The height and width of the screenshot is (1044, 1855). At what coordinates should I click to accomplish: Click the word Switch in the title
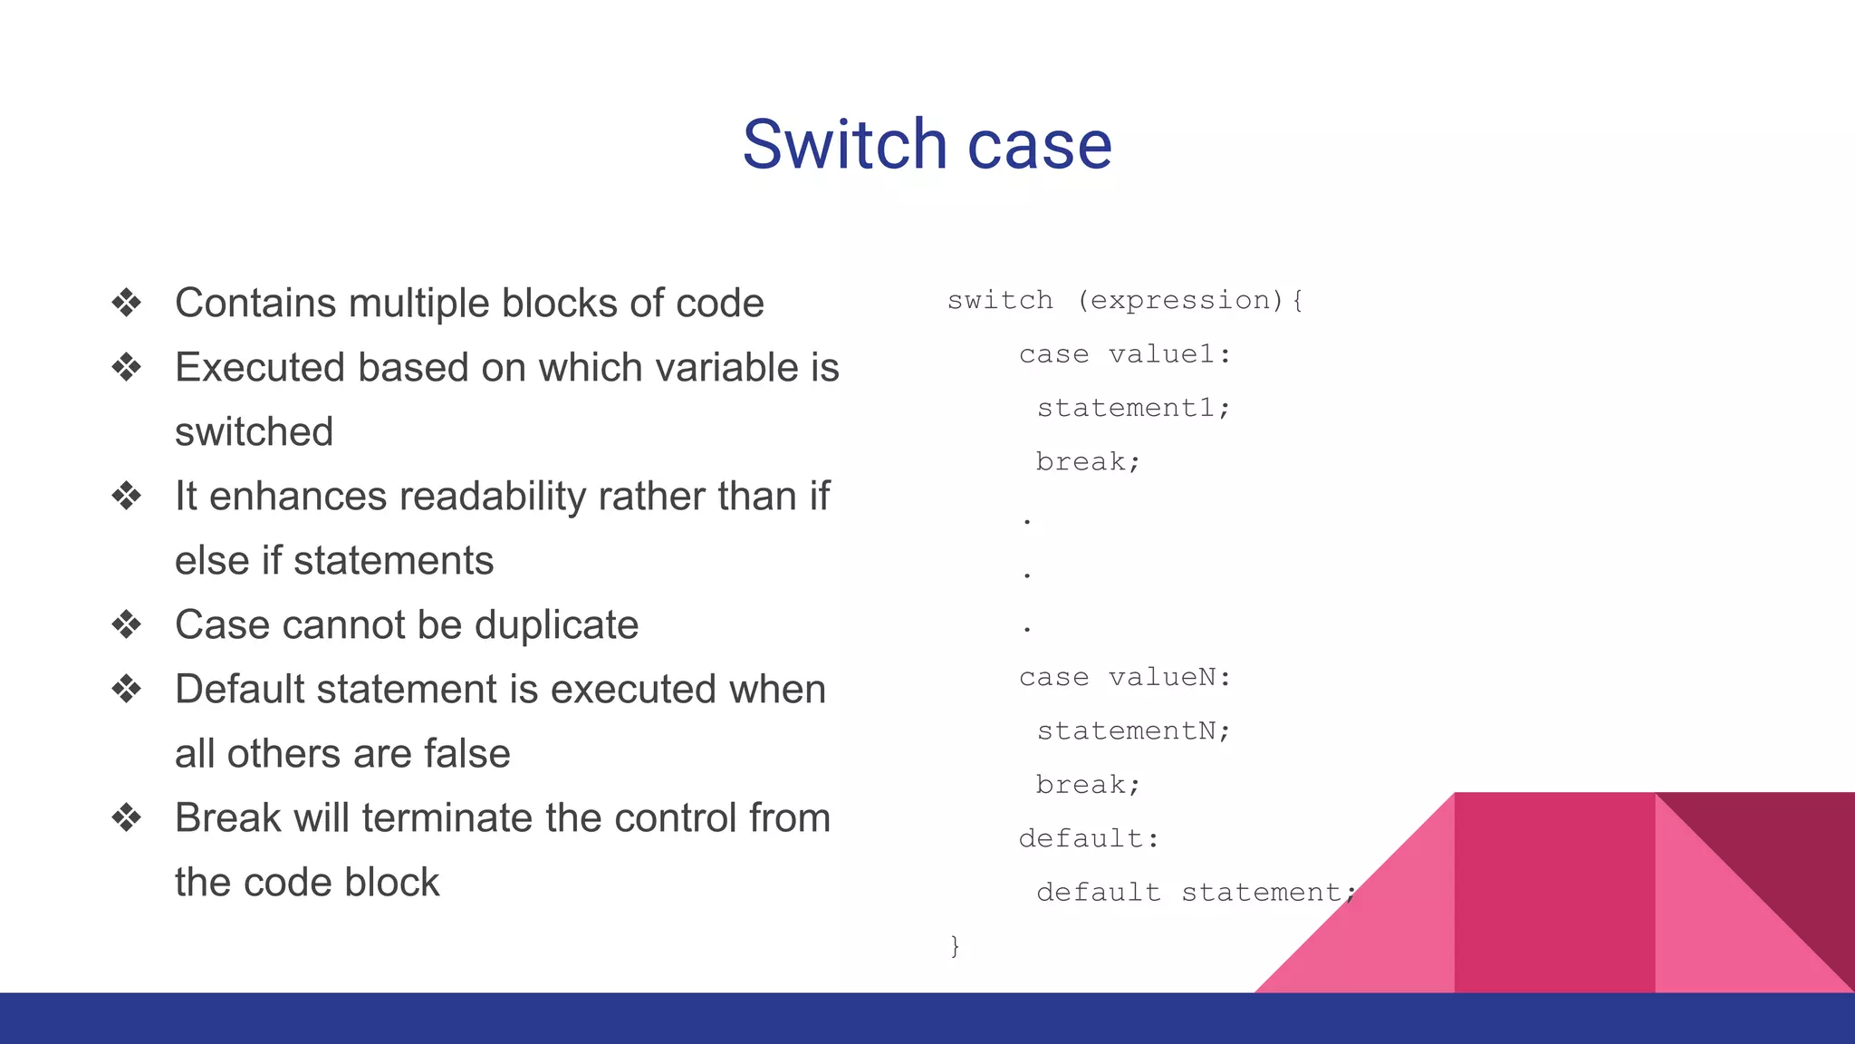click(x=844, y=145)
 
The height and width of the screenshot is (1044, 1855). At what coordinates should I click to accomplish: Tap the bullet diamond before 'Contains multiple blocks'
click(x=127, y=303)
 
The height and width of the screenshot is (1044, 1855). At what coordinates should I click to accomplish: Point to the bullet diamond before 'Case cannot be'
click(x=127, y=624)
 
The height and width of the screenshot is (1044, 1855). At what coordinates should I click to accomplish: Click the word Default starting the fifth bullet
click(x=239, y=690)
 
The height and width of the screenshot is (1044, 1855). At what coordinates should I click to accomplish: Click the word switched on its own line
click(x=254, y=432)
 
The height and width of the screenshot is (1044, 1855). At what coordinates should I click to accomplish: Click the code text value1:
click(x=1169, y=354)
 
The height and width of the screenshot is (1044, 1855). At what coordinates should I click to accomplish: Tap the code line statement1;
click(x=1133, y=408)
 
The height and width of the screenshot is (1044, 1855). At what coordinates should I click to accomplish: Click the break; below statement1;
click(x=1088, y=462)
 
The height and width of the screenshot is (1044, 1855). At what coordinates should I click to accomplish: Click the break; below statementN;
click(x=1088, y=785)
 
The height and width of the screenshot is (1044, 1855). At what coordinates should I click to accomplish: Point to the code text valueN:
click(x=1169, y=677)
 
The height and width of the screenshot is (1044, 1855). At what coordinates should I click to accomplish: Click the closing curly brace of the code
click(x=955, y=946)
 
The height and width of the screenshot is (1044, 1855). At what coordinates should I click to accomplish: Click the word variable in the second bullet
click(x=726, y=368)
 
